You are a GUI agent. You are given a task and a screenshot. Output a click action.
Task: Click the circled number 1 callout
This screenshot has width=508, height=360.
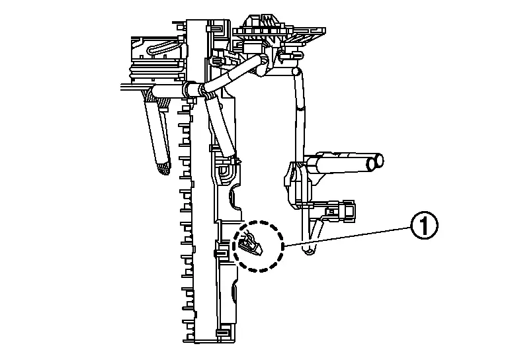tap(424, 226)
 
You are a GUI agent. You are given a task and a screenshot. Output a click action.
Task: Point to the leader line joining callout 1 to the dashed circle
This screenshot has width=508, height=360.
tap(348, 236)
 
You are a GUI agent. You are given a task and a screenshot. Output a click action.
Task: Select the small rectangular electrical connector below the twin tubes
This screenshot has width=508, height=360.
tap(342, 209)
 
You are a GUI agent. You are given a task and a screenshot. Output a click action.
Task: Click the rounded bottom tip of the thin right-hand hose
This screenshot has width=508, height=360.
tap(308, 250)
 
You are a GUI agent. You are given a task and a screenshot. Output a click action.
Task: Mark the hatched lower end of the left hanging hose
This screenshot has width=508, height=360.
tap(163, 168)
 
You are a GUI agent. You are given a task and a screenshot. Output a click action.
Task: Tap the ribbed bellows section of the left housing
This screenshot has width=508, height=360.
tap(155, 73)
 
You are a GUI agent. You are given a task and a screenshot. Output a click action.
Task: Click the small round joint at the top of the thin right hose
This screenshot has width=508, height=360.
tap(296, 71)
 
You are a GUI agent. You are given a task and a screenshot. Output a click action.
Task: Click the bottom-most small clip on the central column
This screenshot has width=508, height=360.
tap(224, 333)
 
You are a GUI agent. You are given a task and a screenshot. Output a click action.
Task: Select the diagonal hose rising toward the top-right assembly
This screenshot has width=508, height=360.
tap(234, 73)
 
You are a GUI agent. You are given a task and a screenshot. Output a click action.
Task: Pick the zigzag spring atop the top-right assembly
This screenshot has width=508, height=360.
tap(269, 22)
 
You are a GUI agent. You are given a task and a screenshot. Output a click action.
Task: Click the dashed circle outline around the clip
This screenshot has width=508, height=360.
tap(258, 221)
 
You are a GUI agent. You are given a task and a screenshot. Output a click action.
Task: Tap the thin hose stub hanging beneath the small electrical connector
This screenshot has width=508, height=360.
tap(317, 231)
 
